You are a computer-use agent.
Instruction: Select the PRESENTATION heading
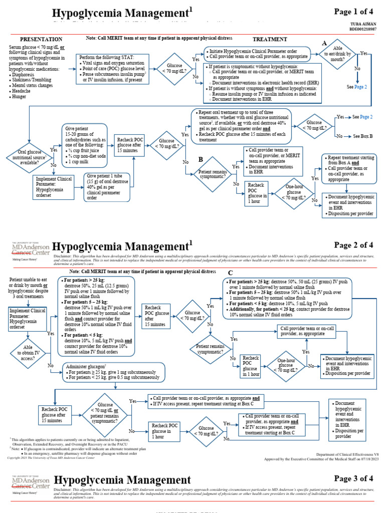pyautogui.click(x=41, y=39)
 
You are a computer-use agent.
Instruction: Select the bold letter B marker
pyautogui.click(x=200, y=159)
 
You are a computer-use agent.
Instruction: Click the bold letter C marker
pyautogui.click(x=231, y=273)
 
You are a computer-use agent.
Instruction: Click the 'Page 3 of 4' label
pyautogui.click(x=354, y=478)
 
